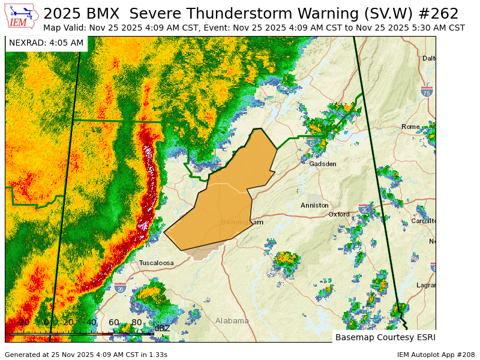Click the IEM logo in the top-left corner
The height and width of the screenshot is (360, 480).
pos(22,16)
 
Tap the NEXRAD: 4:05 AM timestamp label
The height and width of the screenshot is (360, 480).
pos(46,43)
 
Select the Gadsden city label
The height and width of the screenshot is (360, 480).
pos(322,164)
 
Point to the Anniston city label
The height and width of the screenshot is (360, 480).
pos(314,205)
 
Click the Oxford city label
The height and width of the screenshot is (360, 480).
pos(339,214)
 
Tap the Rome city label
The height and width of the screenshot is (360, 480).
pos(410,127)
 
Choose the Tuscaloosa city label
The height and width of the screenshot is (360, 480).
pos(156,263)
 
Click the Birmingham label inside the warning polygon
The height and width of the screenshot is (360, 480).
pos(242,222)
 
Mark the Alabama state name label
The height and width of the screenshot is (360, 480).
pos(232,321)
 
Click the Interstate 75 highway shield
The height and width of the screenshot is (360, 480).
pos(427,92)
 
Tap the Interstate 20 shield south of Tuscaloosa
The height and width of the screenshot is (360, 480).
pos(121,288)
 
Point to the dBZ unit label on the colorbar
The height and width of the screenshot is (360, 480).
pos(162,328)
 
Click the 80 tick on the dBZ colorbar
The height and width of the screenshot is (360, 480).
pos(136,322)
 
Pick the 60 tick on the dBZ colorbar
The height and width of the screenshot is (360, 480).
pos(113,322)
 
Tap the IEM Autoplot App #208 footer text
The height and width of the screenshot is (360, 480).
pos(436,355)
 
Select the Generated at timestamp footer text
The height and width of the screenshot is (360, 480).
pos(86,355)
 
